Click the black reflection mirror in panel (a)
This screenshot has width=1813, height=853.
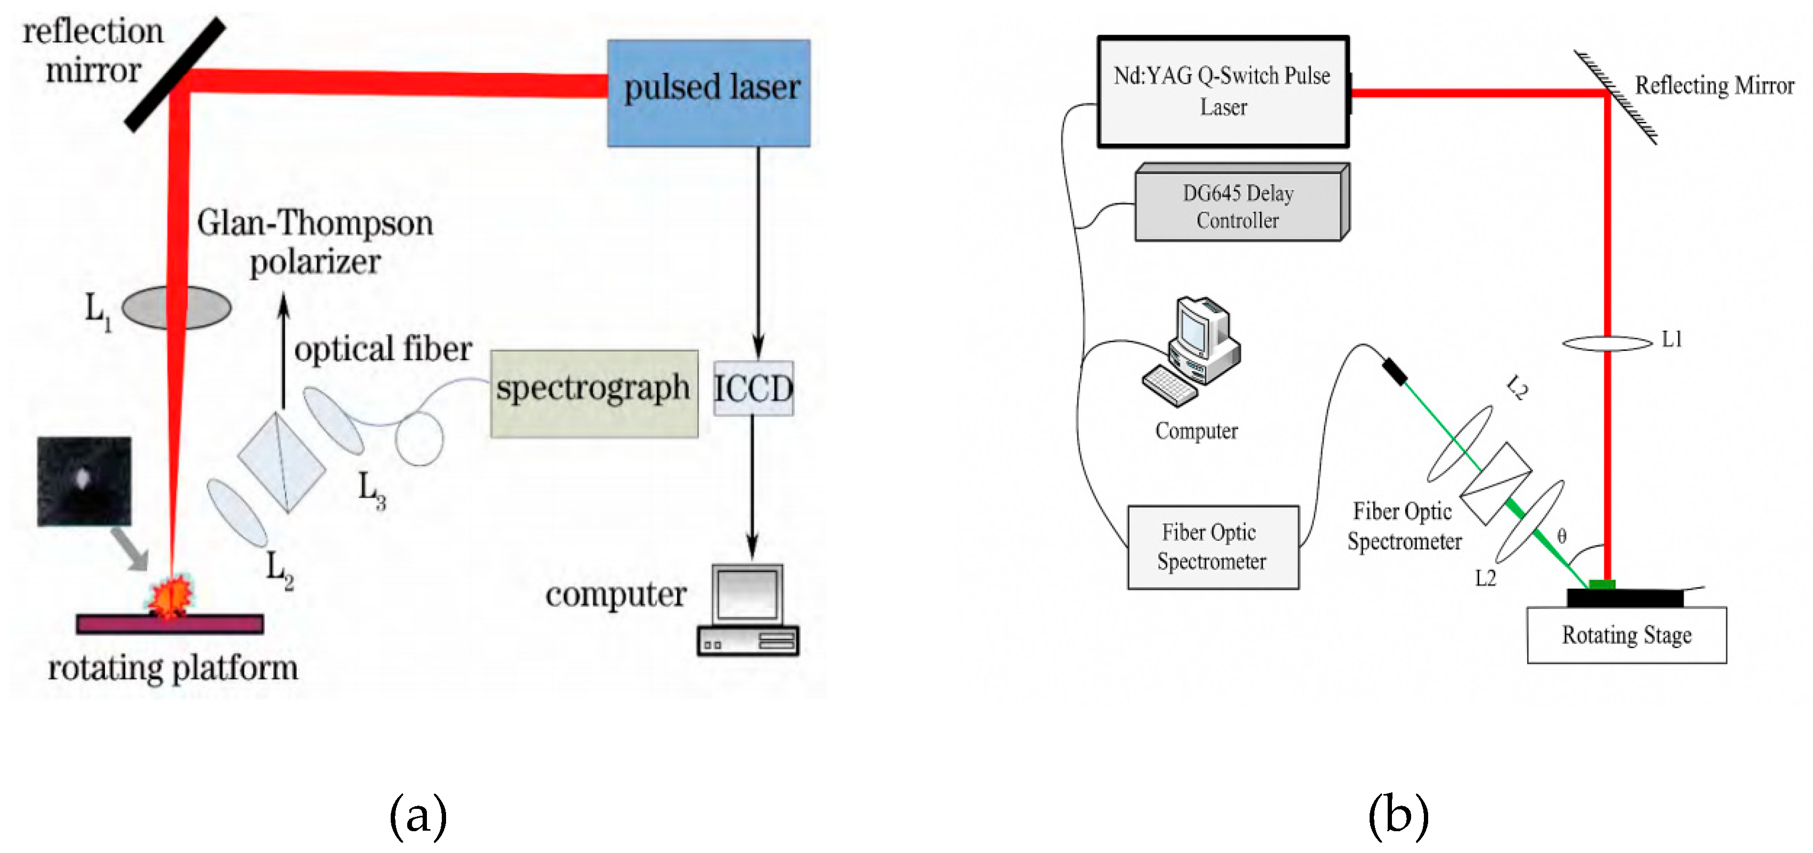point(175,74)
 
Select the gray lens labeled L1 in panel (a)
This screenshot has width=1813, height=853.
point(176,307)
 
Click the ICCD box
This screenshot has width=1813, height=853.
point(753,388)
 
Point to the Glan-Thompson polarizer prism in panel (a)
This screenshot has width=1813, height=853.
point(282,461)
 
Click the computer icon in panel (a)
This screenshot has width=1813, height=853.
point(747,609)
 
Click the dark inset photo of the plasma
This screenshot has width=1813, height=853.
point(84,480)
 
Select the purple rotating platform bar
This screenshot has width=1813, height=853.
point(170,623)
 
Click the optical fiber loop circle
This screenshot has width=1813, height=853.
point(419,439)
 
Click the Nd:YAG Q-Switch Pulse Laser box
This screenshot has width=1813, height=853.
point(1223,91)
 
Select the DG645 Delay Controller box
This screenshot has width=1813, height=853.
point(1240,205)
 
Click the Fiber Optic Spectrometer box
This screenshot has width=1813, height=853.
point(1212,546)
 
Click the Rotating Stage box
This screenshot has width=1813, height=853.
point(1626,634)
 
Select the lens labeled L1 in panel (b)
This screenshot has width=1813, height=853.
point(1607,343)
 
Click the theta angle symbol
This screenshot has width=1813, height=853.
point(1561,536)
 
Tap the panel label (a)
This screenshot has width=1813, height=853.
point(418,816)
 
